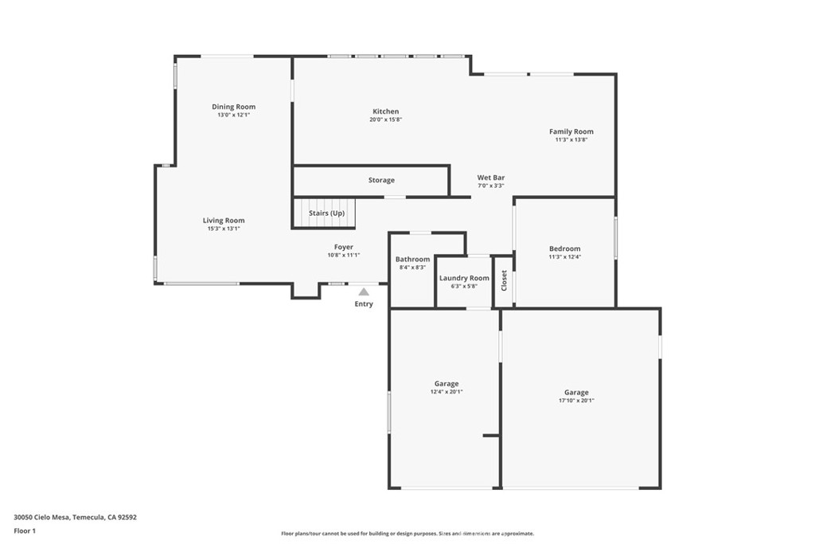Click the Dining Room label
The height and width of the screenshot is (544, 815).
(233, 107)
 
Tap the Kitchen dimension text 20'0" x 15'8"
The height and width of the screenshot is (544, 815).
(385, 119)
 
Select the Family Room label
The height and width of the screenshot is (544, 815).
(571, 131)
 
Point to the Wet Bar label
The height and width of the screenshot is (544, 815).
(490, 178)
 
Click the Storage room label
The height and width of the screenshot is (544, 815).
(381, 180)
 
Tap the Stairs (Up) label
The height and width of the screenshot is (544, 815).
(326, 213)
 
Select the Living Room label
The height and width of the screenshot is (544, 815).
(224, 221)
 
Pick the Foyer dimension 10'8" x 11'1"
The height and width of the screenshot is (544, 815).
(344, 255)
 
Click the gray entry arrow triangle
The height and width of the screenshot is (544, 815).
(364, 292)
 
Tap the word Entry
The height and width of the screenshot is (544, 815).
(364, 304)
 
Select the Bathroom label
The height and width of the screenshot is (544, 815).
(412, 259)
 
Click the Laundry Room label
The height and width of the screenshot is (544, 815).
(464, 278)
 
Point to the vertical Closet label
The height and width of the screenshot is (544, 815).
(504, 280)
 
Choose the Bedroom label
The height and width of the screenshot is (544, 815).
(564, 249)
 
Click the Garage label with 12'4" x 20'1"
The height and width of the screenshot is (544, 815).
(446, 384)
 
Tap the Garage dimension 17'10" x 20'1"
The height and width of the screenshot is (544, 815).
(576, 401)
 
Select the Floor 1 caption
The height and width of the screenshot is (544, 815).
(26, 530)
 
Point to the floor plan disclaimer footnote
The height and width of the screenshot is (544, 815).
(407, 534)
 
